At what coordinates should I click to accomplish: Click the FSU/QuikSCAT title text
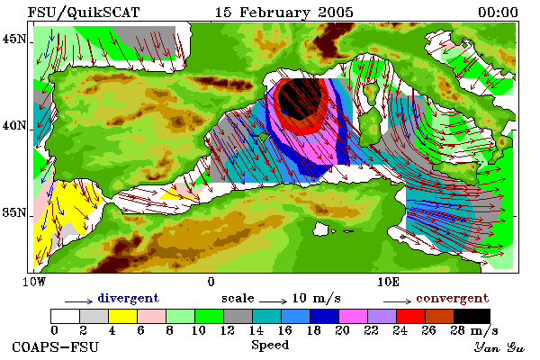click(x=84, y=13)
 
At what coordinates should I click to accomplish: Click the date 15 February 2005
click(x=284, y=13)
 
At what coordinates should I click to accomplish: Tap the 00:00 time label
click(x=498, y=13)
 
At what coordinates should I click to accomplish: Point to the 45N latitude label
click(x=14, y=40)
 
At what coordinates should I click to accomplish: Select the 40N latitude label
click(x=14, y=125)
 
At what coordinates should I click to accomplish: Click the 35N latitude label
click(x=14, y=212)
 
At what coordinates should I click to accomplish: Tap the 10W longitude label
click(x=34, y=282)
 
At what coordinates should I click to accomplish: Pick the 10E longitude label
click(x=388, y=282)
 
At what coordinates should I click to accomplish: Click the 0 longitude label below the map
click(x=211, y=282)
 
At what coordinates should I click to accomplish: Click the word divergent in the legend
click(x=128, y=298)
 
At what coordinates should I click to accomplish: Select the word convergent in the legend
click(x=452, y=298)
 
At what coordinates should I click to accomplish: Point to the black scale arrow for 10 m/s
click(x=273, y=301)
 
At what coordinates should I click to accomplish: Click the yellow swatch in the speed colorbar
click(x=122, y=316)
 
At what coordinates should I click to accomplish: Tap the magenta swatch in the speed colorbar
click(x=353, y=316)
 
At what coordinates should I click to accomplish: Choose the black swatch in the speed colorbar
click(x=472, y=316)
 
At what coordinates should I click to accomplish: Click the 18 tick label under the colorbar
click(x=313, y=330)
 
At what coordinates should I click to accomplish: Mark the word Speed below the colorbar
click(x=270, y=346)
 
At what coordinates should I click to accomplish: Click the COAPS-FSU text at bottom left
click(x=56, y=346)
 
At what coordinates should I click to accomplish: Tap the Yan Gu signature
click(x=499, y=347)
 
